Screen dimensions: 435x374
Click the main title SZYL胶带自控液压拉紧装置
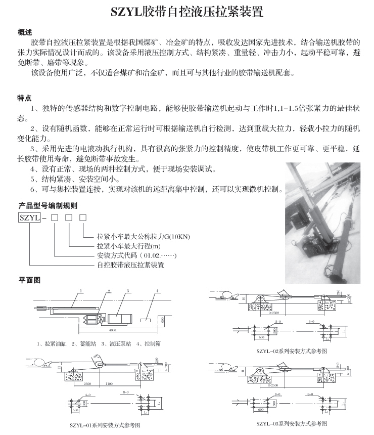(x=186, y=12)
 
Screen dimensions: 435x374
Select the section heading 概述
(x=25, y=32)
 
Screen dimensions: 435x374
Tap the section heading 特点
(x=25, y=98)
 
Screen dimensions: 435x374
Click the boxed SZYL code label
(x=28, y=218)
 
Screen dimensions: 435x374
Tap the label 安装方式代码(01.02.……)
(x=136, y=255)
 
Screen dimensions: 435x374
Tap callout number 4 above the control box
(x=157, y=291)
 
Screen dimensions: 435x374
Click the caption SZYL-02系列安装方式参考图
(x=291, y=350)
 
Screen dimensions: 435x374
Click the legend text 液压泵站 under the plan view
(x=113, y=344)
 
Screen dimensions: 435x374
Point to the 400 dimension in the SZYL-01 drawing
(x=97, y=358)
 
